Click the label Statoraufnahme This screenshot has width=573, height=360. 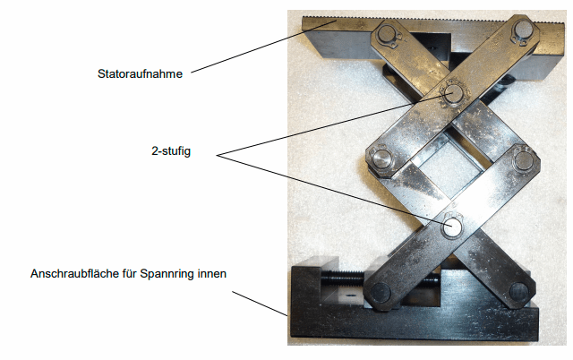coord(140,73)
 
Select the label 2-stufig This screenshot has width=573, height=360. coord(171,151)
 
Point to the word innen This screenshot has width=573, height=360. coord(212,273)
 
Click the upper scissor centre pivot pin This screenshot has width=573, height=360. coord(453,93)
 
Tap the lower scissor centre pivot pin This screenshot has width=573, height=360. coord(452,227)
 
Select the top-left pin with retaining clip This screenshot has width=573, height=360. coord(388,34)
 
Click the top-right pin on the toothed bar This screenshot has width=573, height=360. coord(523,30)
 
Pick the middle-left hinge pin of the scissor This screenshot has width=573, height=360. coord(382,159)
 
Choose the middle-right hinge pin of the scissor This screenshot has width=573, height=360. coord(524,161)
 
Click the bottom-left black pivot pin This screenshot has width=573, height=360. coord(381,292)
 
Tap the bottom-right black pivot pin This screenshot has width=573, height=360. coord(519,291)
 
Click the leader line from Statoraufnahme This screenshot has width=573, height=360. coord(263,47)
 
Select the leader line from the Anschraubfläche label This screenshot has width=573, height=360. coord(260,304)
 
